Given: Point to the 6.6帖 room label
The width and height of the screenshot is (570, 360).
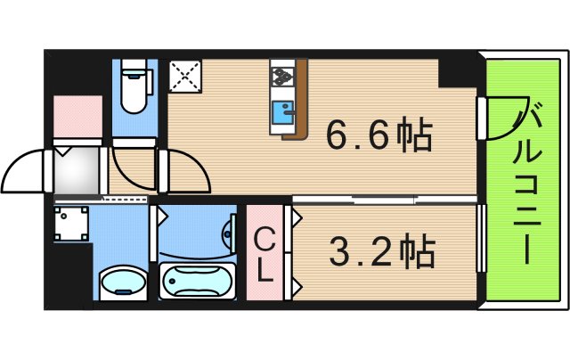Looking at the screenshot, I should click(379, 136).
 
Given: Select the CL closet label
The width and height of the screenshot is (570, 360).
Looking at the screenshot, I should click(265, 255).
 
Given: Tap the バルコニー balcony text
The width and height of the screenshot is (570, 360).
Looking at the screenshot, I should click(527, 183).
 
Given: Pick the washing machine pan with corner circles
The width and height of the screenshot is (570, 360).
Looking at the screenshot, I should click(71, 224).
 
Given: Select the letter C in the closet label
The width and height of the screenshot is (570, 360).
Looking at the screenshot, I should click(265, 240).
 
